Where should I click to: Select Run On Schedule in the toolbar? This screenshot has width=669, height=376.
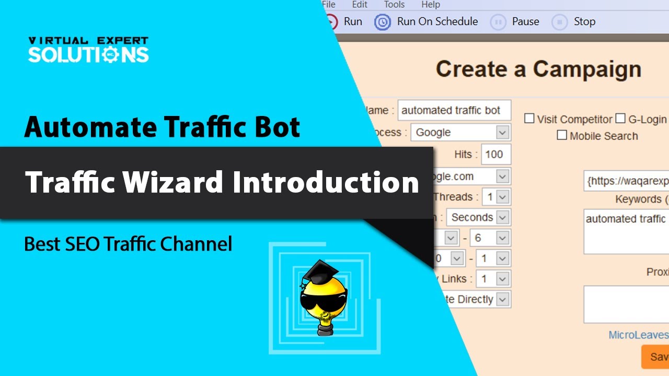point(426,22)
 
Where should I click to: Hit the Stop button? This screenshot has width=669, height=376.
point(575,22)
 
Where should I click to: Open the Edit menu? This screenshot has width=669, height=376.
point(360,5)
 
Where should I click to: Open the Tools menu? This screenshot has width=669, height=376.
point(394,5)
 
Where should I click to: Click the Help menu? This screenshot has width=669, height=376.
point(431,5)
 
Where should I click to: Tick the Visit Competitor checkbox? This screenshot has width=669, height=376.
point(529,119)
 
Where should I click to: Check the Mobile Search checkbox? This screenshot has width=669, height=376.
point(562,136)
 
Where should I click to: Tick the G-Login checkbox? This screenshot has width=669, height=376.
point(620,119)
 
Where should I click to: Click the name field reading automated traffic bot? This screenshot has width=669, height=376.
point(453,110)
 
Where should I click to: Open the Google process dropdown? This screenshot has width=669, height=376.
point(502,133)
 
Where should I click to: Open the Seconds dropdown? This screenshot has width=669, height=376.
point(502,217)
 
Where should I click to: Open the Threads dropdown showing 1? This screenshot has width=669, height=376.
point(502,197)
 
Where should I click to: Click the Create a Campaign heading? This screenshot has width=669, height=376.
point(538,69)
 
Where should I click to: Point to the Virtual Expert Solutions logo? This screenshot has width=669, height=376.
point(88,50)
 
